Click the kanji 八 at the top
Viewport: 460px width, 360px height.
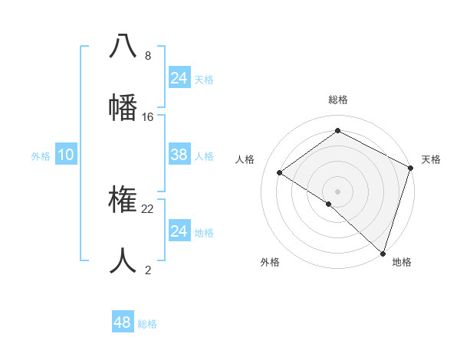(123, 46)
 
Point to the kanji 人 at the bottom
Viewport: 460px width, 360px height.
(123, 260)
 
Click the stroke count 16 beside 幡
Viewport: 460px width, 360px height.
(148, 116)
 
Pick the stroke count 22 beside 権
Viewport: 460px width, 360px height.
(148, 208)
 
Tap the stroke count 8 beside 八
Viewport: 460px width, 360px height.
(148, 56)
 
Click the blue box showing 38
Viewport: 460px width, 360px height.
(179, 155)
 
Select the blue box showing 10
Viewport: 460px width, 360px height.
(66, 155)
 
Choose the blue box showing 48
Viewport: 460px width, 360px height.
(123, 322)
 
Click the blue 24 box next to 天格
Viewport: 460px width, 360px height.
(179, 78)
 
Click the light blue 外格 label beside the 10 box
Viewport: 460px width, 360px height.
(41, 156)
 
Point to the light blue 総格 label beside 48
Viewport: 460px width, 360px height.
(147, 324)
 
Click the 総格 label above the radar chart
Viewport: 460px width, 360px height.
(338, 100)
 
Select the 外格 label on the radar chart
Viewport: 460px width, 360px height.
(270, 262)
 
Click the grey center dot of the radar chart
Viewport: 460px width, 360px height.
(337, 191)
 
